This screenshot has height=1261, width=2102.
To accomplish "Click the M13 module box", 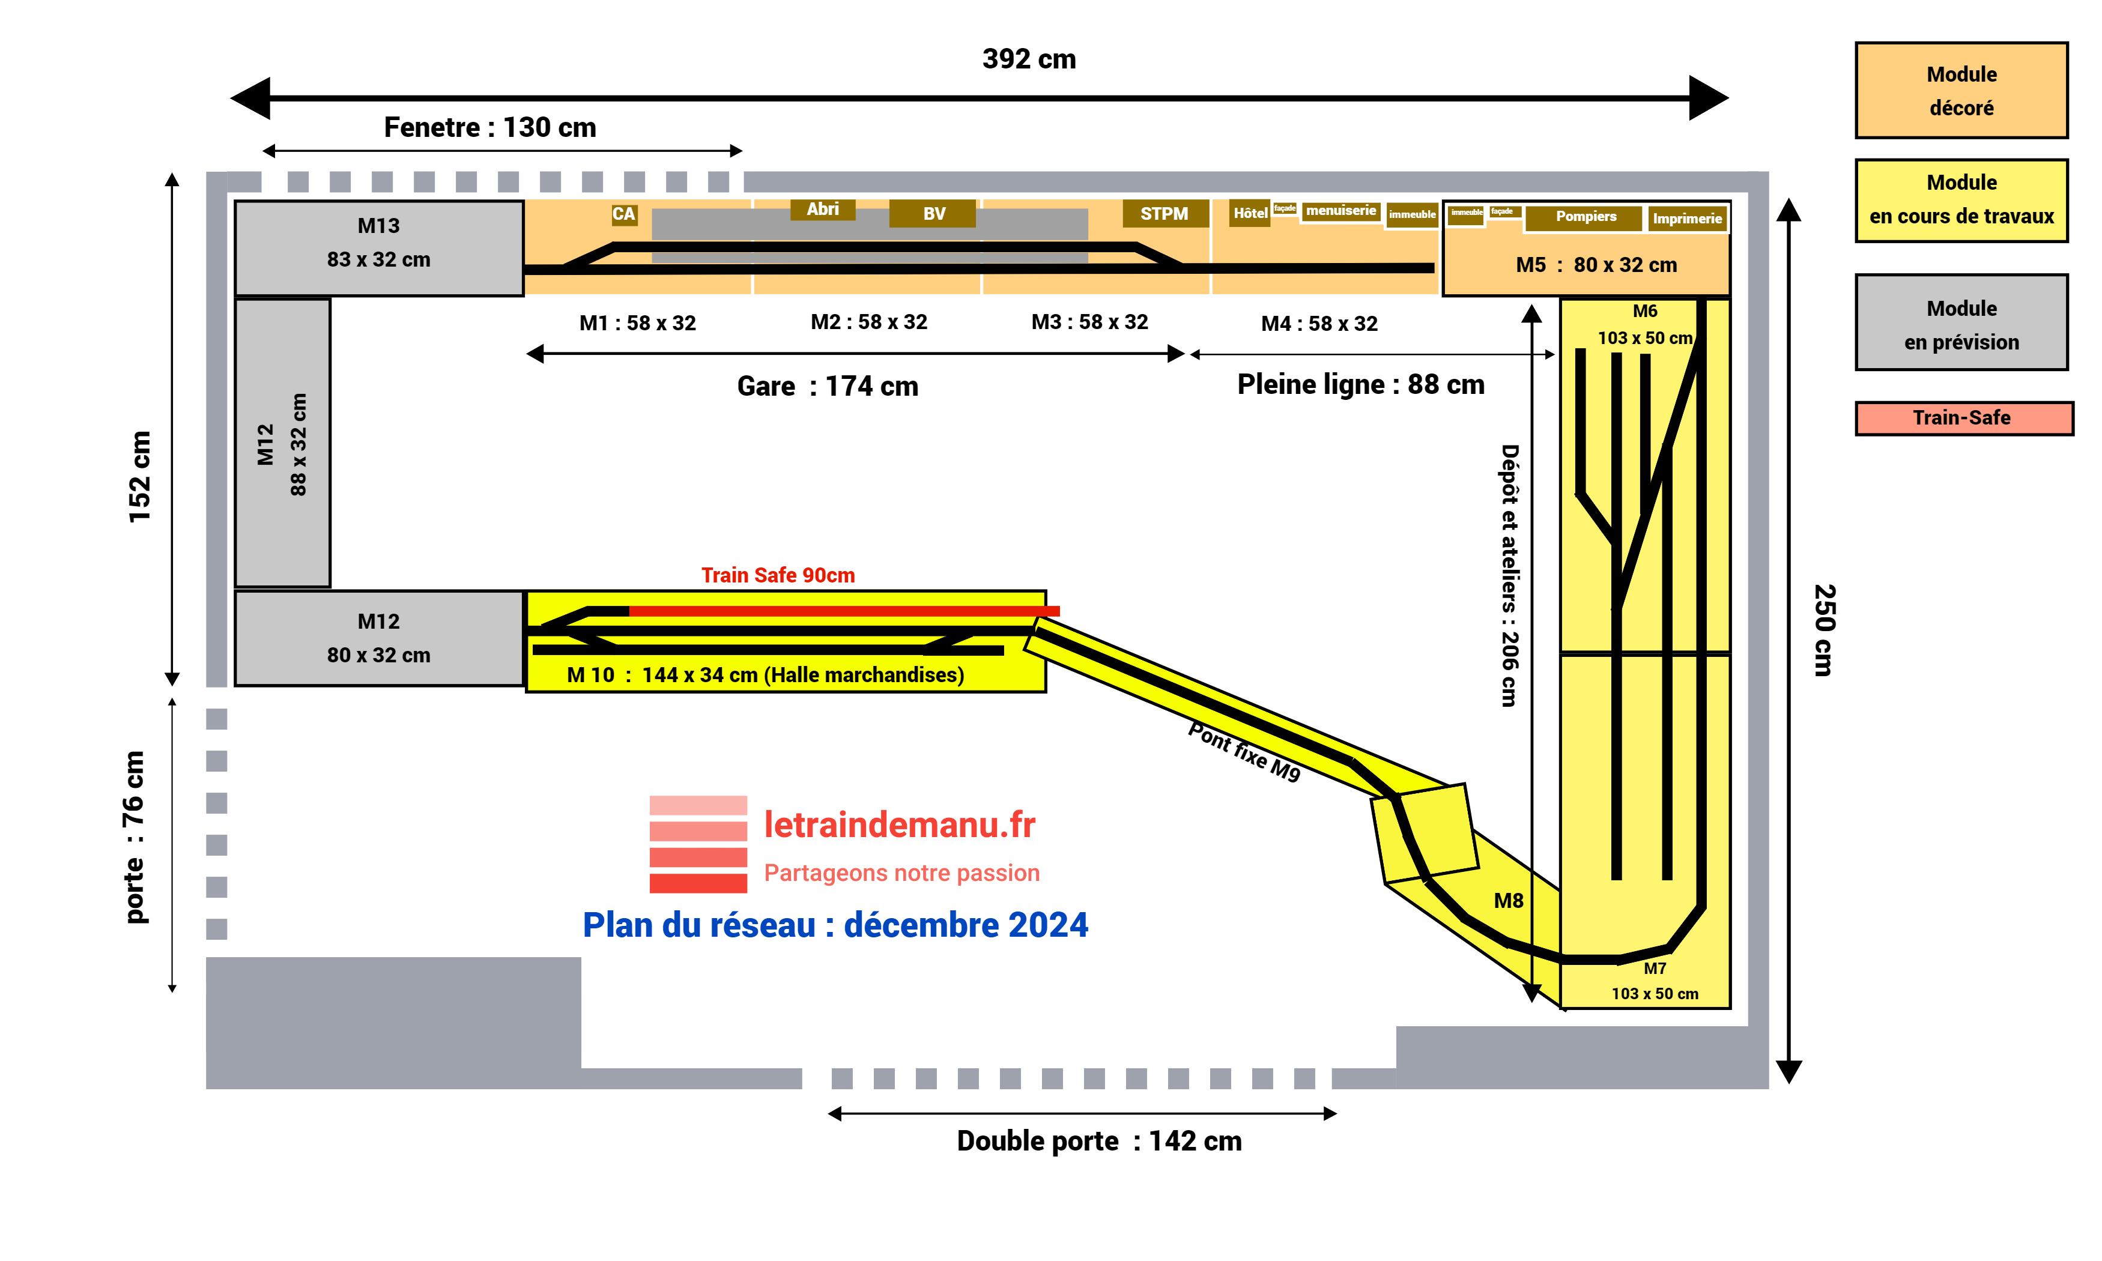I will (378, 247).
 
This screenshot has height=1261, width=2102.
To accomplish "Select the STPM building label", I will (1164, 213).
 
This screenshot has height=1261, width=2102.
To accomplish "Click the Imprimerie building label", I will (1686, 219).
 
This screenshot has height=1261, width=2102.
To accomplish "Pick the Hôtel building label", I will (1249, 213).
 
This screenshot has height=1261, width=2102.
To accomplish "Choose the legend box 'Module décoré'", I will (1960, 90).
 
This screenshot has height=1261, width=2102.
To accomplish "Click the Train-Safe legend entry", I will (1963, 417).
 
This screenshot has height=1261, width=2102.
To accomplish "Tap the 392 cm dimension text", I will (1028, 59).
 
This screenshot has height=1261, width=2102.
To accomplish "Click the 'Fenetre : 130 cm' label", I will (489, 127).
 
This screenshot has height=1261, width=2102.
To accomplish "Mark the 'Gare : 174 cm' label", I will (827, 387).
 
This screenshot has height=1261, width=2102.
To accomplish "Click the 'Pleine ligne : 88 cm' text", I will (1360, 384).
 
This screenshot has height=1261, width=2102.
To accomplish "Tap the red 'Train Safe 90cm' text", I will (777, 575).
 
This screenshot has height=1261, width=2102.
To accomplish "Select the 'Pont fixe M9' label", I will (1244, 751).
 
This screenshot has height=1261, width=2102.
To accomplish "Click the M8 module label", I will (1508, 901).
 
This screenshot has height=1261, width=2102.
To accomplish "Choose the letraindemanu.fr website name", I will (899, 825).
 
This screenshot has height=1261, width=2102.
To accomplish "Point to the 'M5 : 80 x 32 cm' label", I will (1596, 265).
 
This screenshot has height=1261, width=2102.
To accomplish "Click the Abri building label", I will (822, 209).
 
